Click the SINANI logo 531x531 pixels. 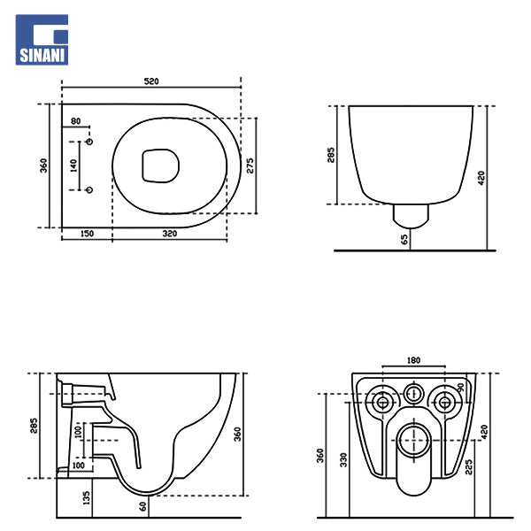tap(42, 40)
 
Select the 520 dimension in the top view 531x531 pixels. tap(151, 81)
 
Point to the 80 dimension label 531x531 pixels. tap(75, 121)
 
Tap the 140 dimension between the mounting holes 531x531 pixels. tap(73, 165)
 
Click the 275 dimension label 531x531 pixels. tap(250, 165)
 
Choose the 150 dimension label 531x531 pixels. tap(87, 234)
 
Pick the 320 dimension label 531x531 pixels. tap(170, 234)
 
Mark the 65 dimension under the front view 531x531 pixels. tap(404, 240)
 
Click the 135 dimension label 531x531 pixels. tap(87, 497)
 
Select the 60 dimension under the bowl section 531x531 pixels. tap(142, 506)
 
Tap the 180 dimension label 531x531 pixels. tap(413, 360)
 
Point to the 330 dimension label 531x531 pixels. tap(343, 460)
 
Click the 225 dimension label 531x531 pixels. tap(469, 467)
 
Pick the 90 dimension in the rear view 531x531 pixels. tap(460, 388)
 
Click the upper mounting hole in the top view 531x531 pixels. tap(89, 142)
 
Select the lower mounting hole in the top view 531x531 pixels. tap(89, 190)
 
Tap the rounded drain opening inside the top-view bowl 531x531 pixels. tap(160, 165)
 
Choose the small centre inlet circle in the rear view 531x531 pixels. tap(414, 394)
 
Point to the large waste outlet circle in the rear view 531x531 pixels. tap(414, 441)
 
